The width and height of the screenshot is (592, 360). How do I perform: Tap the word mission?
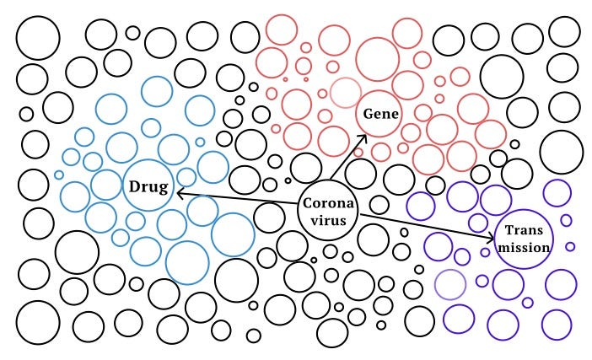pyautogui.click(x=524, y=248)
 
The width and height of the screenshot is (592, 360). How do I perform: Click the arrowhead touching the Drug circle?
pyautogui.click(x=180, y=193)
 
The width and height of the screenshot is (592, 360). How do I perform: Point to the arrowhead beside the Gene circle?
pyautogui.click(x=363, y=138)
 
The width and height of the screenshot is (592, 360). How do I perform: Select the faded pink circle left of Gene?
pyautogui.click(x=345, y=94)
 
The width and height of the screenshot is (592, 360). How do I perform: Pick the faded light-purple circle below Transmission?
pyautogui.click(x=450, y=285)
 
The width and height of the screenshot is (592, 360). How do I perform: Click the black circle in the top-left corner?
pyautogui.click(x=38, y=38)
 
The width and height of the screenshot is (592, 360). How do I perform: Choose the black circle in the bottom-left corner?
pyautogui.click(x=38, y=322)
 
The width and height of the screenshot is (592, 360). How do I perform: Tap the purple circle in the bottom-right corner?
pyautogui.click(x=557, y=324)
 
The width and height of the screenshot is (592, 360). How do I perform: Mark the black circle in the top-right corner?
pyautogui.click(x=563, y=30)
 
